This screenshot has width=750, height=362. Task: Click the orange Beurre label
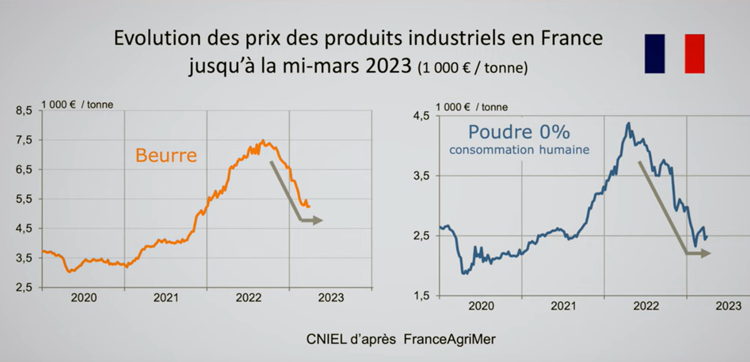pyautogui.click(x=166, y=155)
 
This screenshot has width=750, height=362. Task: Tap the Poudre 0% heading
pyautogui.click(x=519, y=132)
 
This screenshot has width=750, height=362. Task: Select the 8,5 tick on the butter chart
pyautogui.click(x=25, y=111)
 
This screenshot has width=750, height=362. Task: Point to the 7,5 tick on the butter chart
pyautogui.click(x=25, y=140)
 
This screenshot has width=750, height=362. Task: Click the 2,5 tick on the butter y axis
pyautogui.click(x=25, y=288)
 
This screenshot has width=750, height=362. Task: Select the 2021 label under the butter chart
pyautogui.click(x=166, y=298)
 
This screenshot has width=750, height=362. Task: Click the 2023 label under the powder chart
pyautogui.click(x=729, y=306)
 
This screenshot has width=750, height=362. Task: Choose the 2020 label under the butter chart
pyautogui.click(x=84, y=298)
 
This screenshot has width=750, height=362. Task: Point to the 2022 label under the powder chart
pyautogui.click(x=646, y=306)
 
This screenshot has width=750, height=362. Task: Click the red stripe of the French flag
pyautogui.click(x=695, y=54)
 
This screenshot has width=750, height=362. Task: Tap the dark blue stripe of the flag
pyautogui.click(x=655, y=54)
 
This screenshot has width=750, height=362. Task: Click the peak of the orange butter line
pyautogui.click(x=262, y=141)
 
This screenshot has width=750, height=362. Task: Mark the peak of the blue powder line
pyautogui.click(x=628, y=123)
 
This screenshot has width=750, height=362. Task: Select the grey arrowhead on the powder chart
pyautogui.click(x=706, y=253)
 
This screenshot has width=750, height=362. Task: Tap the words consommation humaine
pyautogui.click(x=519, y=150)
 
